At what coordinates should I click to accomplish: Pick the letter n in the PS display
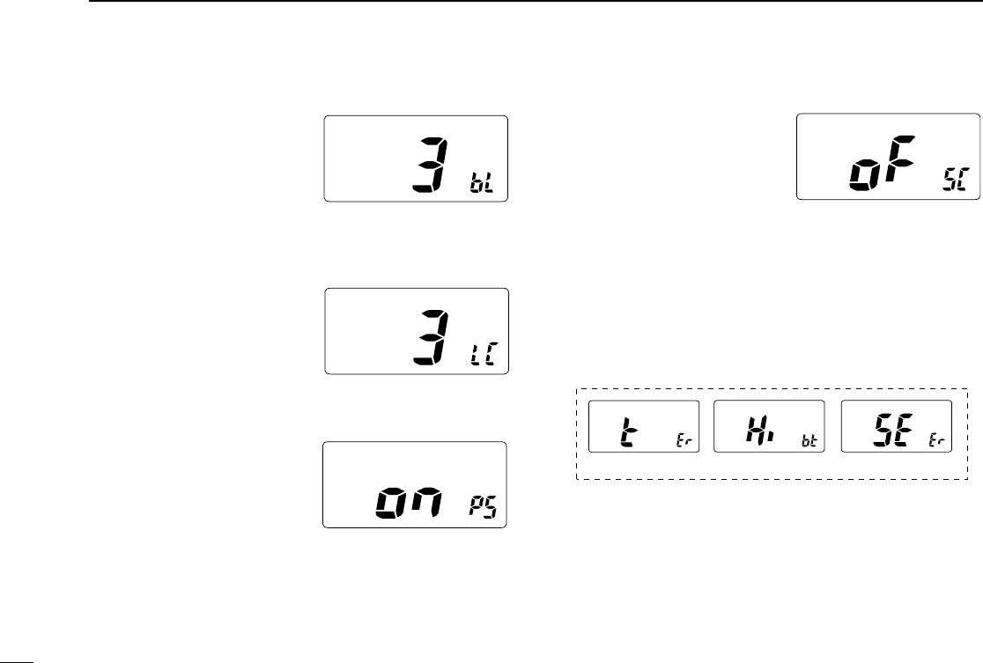click(433, 503)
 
